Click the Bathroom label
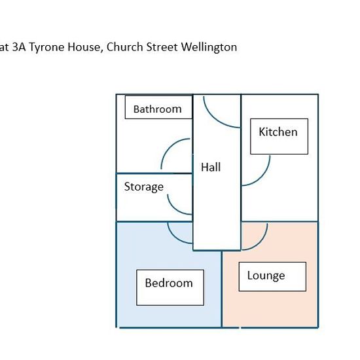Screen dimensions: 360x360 pos(158,109)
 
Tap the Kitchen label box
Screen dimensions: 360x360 pos(279,136)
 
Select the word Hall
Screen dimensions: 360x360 pos(211,167)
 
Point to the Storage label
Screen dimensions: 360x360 pos(144,187)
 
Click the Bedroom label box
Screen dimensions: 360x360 pos(170,287)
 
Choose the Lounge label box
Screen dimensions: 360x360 pos(272,277)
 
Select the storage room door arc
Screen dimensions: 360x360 pos(175,208)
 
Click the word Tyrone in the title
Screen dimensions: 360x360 pos(47,48)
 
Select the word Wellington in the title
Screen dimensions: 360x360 pos(209,48)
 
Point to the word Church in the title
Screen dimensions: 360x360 pos(124,47)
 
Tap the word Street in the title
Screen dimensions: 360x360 pos(162,47)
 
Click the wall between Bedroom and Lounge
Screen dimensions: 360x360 pos(221,289)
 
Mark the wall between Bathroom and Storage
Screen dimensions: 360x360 pos(154,173)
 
